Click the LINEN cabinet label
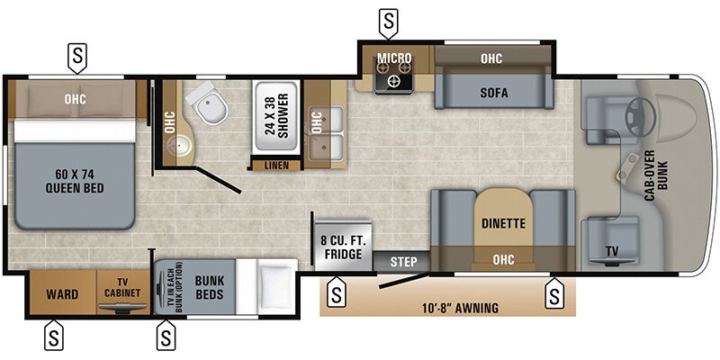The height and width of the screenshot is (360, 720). pyautogui.click(x=271, y=166)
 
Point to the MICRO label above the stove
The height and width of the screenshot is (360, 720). pyautogui.click(x=394, y=58)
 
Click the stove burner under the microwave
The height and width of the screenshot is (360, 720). pyautogui.click(x=393, y=80)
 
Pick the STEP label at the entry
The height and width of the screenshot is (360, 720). pyautogui.click(x=404, y=262)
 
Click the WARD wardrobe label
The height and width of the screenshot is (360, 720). pyautogui.click(x=63, y=294)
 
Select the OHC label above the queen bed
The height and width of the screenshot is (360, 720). pyautogui.click(x=76, y=99)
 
